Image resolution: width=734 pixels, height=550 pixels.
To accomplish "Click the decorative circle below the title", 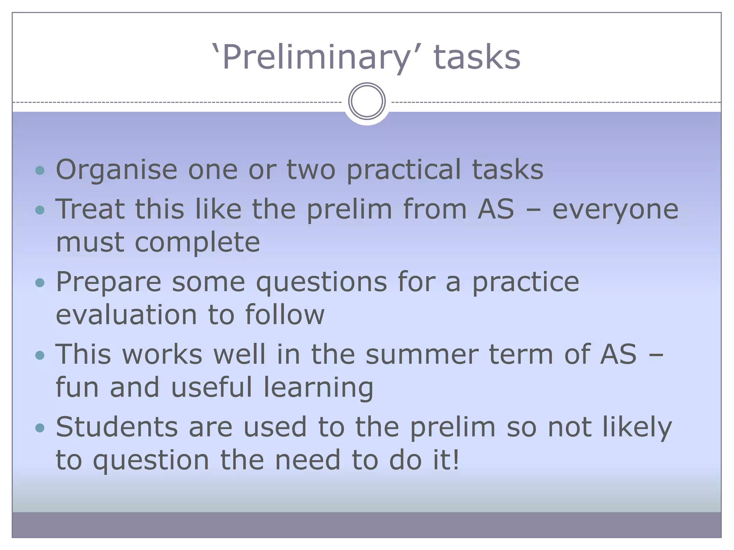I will click(x=367, y=101).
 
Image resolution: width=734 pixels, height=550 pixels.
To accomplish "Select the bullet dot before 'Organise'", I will click(x=40, y=170).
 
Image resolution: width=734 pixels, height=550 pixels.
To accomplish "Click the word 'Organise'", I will click(x=116, y=170).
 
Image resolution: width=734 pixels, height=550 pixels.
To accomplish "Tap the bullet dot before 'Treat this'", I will click(x=40, y=210).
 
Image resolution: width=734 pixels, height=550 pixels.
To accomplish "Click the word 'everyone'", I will click(x=615, y=209).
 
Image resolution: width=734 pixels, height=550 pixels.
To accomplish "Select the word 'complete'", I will click(x=197, y=243).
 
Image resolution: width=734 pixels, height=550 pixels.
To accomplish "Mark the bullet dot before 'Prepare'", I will click(x=40, y=283).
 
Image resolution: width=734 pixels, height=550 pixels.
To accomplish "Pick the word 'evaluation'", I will click(x=127, y=315).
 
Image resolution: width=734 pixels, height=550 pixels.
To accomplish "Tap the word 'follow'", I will click(x=285, y=315).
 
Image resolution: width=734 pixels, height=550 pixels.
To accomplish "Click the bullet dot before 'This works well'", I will click(x=40, y=356).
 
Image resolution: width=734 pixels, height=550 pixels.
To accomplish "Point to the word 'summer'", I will click(x=421, y=355).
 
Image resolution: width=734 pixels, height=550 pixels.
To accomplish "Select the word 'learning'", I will click(x=318, y=388).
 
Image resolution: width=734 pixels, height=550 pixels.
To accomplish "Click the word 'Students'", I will click(x=117, y=427).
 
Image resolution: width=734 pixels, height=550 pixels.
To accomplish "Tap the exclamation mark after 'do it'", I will click(x=456, y=460).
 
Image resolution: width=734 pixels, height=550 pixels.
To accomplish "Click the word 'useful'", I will click(x=212, y=388).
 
